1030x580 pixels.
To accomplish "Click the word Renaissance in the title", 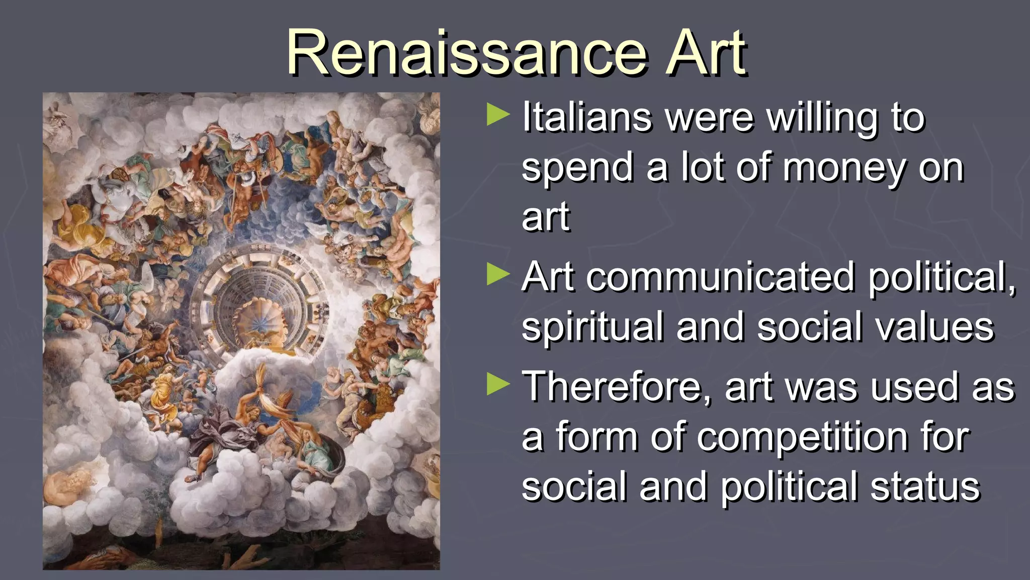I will pos(466,53).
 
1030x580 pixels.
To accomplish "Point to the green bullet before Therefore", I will pos(498,385).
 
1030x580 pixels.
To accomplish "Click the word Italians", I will pos(587,117).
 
